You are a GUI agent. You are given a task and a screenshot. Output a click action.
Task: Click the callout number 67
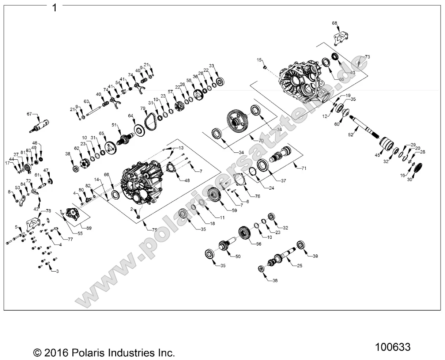[x=29, y=114]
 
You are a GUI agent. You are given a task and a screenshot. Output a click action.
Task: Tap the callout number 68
[x=335, y=23]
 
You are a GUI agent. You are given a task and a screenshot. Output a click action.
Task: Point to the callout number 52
[x=351, y=135]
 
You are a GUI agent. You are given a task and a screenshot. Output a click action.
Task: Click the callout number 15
[x=259, y=60]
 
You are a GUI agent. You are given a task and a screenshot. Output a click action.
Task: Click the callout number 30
[x=410, y=179]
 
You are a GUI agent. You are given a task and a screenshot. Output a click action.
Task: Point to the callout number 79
[x=143, y=108]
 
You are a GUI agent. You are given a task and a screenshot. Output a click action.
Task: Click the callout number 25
[x=299, y=266]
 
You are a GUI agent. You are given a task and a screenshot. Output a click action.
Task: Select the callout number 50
[x=238, y=257]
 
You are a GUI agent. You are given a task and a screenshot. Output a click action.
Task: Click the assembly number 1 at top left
[x=54, y=7]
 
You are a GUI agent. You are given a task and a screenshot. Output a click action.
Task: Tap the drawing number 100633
[x=393, y=346]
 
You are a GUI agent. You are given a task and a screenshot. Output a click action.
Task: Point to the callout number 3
[x=56, y=271]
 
